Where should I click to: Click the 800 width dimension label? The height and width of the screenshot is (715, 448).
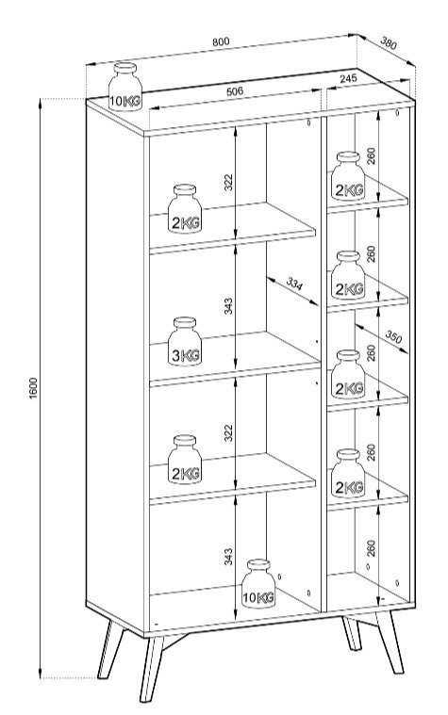click(221, 41)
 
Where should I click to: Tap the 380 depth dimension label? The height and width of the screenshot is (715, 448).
click(389, 43)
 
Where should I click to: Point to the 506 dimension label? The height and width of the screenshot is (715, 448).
click(235, 91)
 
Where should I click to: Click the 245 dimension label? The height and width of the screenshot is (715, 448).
click(348, 78)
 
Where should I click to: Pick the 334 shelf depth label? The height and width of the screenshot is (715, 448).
click(294, 284)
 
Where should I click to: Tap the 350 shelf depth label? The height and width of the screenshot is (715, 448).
click(393, 337)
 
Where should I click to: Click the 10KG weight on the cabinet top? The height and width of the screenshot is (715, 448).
click(124, 87)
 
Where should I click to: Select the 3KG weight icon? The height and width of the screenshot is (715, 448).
click(185, 342)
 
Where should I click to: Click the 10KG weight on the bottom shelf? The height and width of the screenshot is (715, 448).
click(258, 583)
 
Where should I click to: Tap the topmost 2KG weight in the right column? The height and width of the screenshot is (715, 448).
click(348, 175)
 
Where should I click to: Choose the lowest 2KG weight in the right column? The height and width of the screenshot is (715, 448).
click(348, 473)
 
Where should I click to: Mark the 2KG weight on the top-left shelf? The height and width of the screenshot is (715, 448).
click(185, 208)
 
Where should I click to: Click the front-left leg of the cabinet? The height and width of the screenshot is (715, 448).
click(151, 668)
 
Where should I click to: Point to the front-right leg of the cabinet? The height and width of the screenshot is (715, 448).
click(389, 642)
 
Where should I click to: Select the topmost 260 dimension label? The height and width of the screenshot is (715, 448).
click(371, 155)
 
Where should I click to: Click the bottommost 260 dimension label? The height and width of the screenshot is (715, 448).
click(371, 548)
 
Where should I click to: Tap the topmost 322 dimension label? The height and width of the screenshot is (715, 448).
click(228, 182)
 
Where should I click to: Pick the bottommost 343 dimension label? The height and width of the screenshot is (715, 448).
click(228, 557)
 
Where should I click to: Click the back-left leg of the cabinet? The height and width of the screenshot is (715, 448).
click(110, 649)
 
